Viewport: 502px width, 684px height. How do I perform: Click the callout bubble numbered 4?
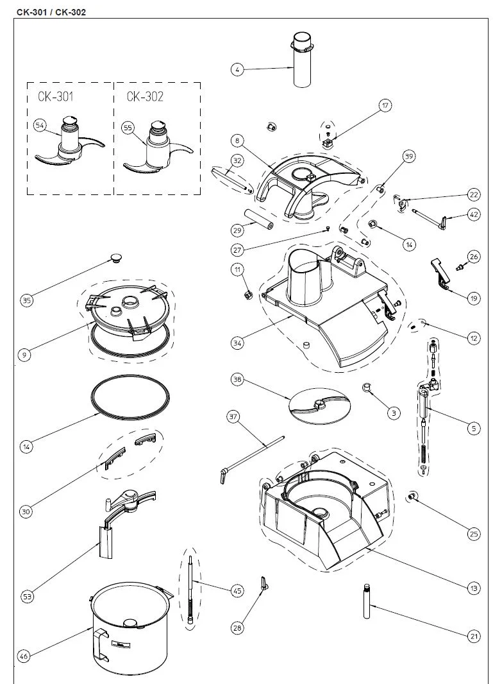(x=237, y=69)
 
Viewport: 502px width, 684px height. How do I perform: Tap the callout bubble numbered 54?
(x=40, y=126)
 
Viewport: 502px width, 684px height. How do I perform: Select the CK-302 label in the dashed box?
(x=145, y=96)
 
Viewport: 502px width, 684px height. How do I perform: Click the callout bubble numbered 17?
(x=385, y=105)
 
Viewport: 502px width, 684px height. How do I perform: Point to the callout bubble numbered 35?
(x=26, y=300)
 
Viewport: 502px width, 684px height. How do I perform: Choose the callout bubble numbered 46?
(x=24, y=656)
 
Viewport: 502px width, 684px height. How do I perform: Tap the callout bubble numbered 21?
(x=474, y=637)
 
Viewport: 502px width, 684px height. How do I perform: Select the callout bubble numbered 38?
(x=237, y=379)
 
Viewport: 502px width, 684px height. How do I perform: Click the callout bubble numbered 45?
(x=237, y=591)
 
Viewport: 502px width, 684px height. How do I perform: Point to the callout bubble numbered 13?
(x=474, y=588)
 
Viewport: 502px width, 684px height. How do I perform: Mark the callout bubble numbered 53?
(x=27, y=596)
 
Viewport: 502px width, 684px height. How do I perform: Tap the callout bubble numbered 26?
(x=474, y=257)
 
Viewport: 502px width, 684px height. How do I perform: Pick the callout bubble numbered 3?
(x=394, y=413)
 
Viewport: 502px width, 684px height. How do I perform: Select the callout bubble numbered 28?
(x=237, y=628)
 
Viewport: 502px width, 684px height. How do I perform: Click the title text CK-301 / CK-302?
(x=51, y=12)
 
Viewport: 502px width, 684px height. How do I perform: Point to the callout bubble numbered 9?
(x=24, y=355)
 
